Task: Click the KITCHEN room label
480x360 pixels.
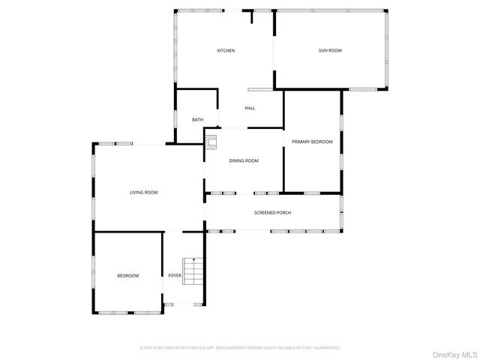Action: point(226,50)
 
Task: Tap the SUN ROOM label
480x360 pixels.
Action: point(330,50)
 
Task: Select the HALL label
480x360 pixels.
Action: point(250,108)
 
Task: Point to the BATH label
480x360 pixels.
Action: point(197,120)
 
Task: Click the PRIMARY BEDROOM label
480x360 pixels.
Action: point(312,142)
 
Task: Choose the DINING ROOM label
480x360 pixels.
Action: point(244,160)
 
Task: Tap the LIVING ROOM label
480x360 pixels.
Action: point(143,193)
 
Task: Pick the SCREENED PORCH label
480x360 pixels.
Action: point(272,213)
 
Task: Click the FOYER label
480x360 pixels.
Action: point(174,276)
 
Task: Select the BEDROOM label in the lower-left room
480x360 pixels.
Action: point(127,276)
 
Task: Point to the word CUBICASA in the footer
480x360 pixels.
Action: point(199,348)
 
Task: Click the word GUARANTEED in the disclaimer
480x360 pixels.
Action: point(325,348)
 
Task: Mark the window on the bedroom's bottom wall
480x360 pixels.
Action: point(126,313)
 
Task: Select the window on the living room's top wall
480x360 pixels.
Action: point(117,143)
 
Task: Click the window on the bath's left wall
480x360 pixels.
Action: point(175,119)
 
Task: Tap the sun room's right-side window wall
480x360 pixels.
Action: point(388,49)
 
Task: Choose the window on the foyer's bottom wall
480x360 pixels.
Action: point(183,304)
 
